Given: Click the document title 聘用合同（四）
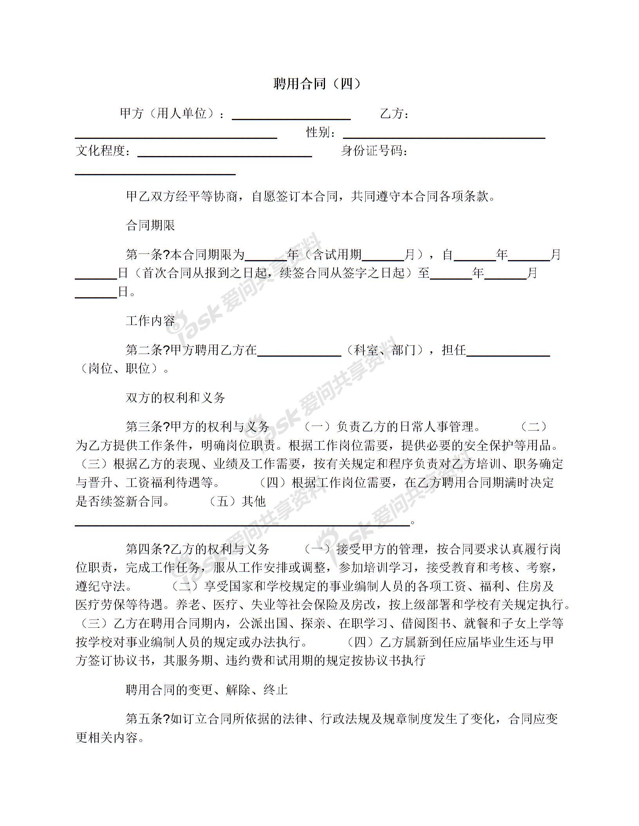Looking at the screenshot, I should (317, 84).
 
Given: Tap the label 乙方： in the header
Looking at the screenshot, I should (395, 114).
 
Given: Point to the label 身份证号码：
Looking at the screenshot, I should (374, 151).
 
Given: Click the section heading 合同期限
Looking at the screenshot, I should (150, 225).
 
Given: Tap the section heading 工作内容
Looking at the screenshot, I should (150, 321).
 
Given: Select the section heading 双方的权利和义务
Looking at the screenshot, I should (175, 398).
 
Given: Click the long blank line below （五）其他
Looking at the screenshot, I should (242, 523).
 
